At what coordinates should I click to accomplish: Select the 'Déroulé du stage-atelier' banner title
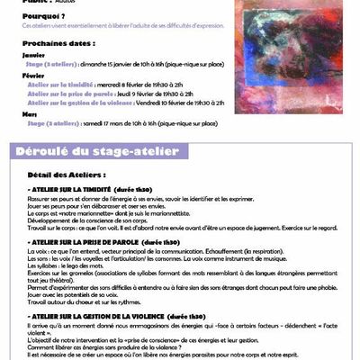coord(98,151)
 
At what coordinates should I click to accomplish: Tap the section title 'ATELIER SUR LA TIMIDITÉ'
coord(82,193)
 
